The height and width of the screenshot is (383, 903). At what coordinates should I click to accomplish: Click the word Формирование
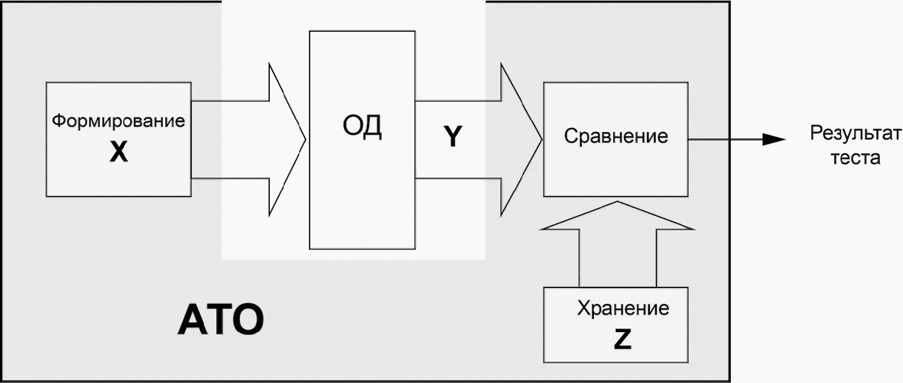pos(119,121)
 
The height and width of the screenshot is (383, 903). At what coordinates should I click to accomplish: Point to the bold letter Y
pos(453,137)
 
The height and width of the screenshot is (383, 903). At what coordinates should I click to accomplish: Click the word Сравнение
pos(616,136)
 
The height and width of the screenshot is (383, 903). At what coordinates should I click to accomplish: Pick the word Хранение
pos(623,308)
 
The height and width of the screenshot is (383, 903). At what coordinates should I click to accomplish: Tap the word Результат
pos(855,133)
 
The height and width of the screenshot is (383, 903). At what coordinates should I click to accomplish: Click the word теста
pos(856,157)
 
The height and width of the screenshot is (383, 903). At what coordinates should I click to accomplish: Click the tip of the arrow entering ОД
pos(304,139)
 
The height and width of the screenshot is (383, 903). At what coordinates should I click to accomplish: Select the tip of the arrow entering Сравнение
pos(541,139)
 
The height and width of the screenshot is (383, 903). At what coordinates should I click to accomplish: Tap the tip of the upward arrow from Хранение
pos(618,202)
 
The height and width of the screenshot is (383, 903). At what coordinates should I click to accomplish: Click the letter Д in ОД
pos(373,127)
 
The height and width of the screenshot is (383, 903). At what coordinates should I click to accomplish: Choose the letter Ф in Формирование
pos(58,121)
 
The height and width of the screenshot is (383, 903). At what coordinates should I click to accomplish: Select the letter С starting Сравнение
pos(570,136)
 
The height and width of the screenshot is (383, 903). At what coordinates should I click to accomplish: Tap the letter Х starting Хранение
pos(583,308)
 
